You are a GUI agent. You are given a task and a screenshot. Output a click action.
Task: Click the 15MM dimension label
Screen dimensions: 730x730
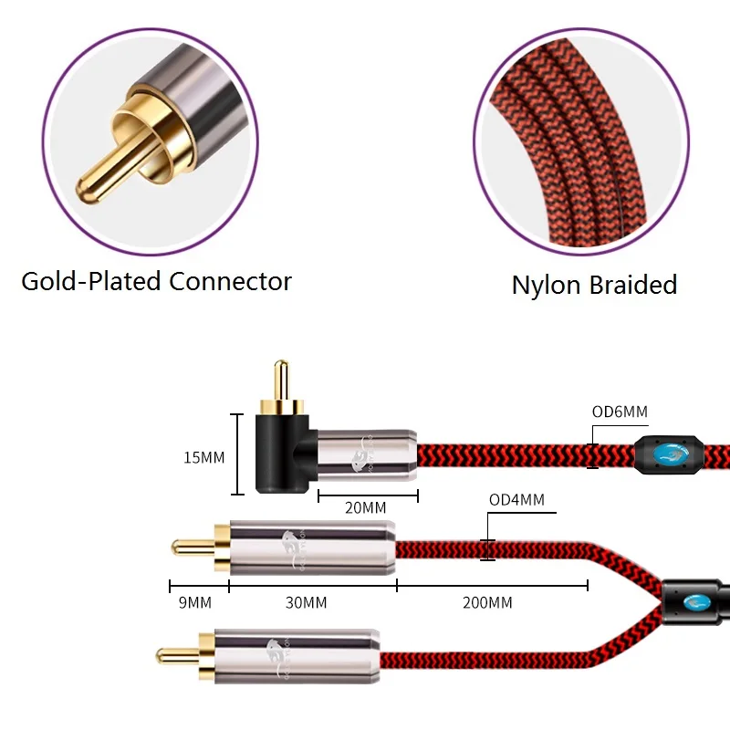click(204, 457)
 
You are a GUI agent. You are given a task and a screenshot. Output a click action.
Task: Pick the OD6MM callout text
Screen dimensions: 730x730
click(620, 412)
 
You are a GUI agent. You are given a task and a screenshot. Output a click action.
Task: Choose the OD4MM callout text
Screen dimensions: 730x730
click(516, 499)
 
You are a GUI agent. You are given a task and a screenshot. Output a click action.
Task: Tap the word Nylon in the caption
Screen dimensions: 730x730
click(545, 285)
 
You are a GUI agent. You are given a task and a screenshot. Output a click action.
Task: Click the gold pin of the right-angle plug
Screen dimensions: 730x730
click(282, 380)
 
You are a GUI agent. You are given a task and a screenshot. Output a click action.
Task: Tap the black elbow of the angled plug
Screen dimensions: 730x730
click(277, 456)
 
